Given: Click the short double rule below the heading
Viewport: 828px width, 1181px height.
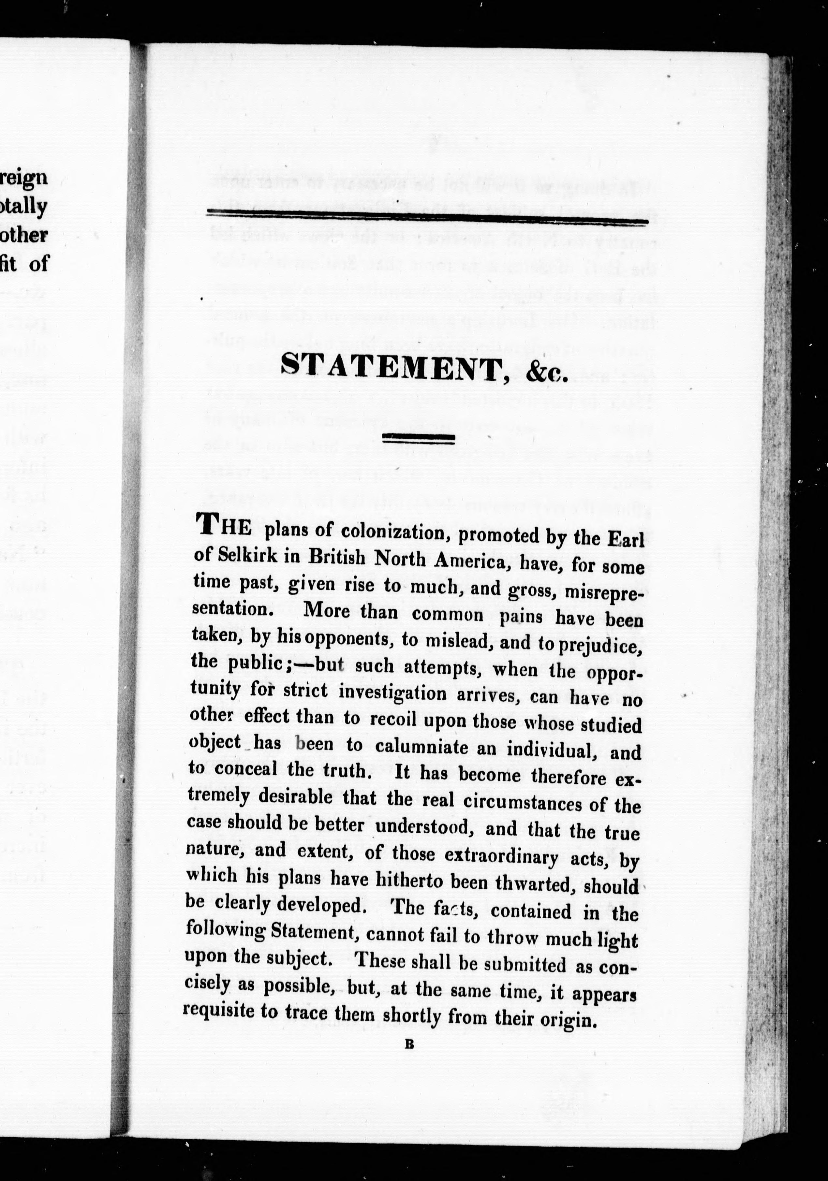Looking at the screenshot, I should [x=420, y=438].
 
